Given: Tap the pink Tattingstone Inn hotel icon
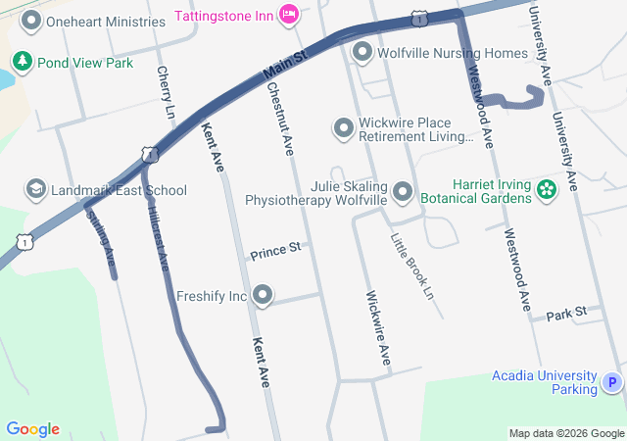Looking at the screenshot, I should coord(289,14).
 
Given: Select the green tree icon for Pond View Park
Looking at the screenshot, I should coord(22,63).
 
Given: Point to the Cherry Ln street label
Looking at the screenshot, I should coord(165,93).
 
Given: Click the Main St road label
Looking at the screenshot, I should coord(286,68).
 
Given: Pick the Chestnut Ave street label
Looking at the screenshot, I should coord(279,119).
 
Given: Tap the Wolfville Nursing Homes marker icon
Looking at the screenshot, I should coord(362,52).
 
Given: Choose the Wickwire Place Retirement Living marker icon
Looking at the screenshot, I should coord(343,128).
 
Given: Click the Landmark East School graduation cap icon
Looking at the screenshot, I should coord(35,190).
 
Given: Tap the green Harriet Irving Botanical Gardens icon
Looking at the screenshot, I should coord(547,191).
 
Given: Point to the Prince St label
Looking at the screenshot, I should coord(275,252).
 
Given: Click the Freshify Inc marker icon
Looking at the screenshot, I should coord(263,295).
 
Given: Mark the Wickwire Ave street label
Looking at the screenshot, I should coord(378,328).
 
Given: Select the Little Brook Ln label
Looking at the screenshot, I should coord(410,266).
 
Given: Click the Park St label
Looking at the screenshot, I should coord(566,313).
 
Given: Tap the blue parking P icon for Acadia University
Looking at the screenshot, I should coord(612,382).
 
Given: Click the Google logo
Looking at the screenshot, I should coord(32,429).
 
